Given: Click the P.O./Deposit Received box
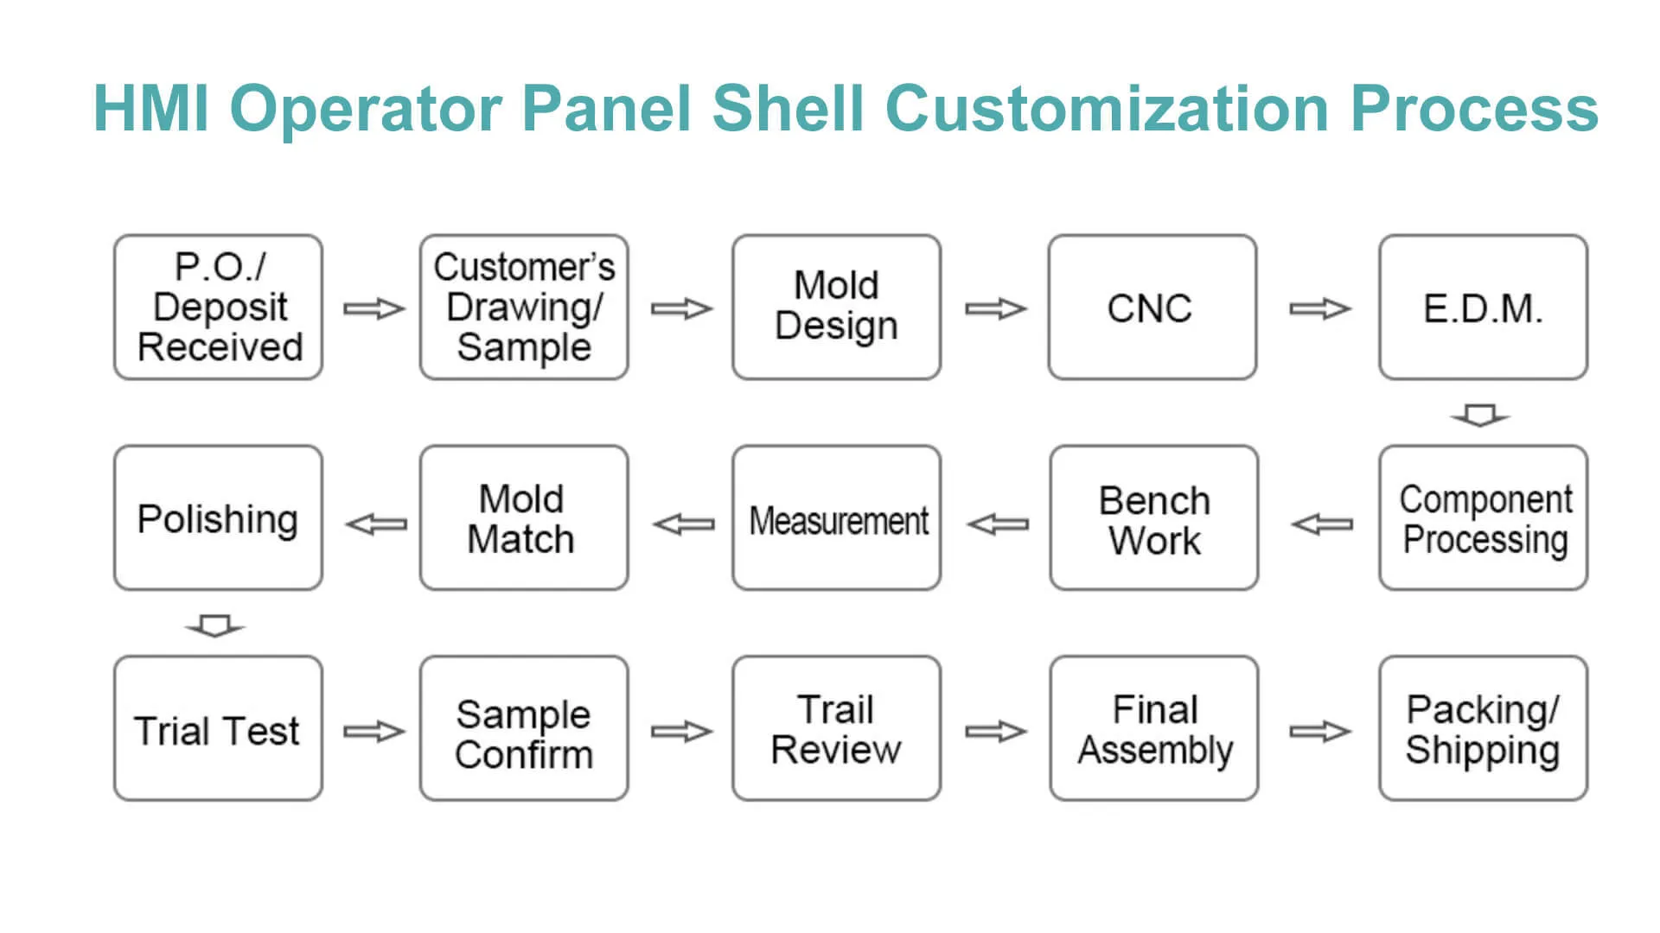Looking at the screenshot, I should click(218, 307).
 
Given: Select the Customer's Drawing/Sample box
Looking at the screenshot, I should click(524, 307).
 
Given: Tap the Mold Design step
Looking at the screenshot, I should click(836, 307).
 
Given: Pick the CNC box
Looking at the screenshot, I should click(1152, 307).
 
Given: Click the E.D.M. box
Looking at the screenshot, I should click(1483, 307).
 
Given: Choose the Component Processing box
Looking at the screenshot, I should click(1483, 518).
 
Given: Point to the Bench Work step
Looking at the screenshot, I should click(1153, 518).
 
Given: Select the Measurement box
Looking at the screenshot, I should click(836, 518).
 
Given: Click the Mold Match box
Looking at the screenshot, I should click(524, 518).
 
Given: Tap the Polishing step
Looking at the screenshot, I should click(218, 518).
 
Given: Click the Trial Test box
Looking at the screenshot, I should click(218, 729).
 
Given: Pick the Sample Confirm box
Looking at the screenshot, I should click(524, 729).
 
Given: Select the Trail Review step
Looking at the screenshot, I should click(836, 729).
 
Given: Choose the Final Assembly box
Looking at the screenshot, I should click(1153, 729).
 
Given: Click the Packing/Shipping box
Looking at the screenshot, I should click(1483, 729).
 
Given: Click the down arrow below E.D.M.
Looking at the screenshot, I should click(1480, 416).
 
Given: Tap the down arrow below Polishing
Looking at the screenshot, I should click(215, 625).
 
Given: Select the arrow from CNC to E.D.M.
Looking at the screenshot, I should click(1319, 308).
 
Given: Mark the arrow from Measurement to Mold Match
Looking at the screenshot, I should click(684, 524).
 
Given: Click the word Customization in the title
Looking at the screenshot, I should click(1107, 109).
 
